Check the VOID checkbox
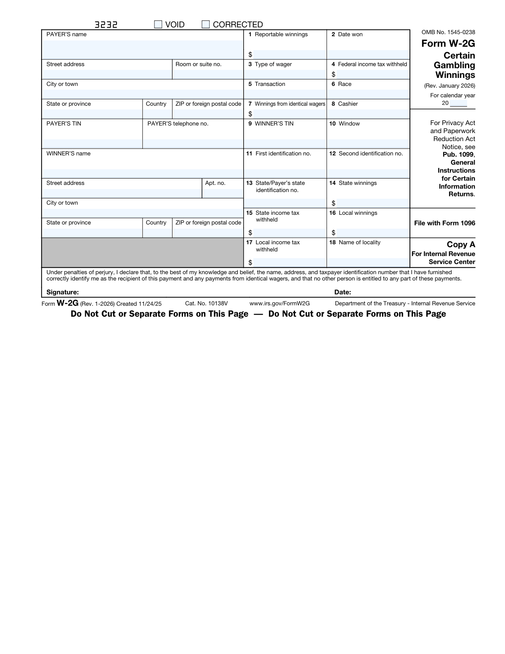[158, 24]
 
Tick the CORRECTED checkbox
[206, 24]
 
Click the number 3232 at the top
[106, 25]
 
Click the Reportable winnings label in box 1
[281, 35]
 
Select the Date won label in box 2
[350, 35]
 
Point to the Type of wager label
[273, 64]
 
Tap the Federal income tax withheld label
[372, 64]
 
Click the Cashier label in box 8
[348, 104]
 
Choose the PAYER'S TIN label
[64, 124]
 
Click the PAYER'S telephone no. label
[178, 124]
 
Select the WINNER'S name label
[69, 154]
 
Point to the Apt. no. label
[215, 183]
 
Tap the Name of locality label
[359, 243]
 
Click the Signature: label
[63, 292]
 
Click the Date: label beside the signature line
[343, 292]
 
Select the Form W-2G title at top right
[448, 43]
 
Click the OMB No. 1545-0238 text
[448, 32]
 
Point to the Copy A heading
[461, 245]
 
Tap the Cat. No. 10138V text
[206, 304]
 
